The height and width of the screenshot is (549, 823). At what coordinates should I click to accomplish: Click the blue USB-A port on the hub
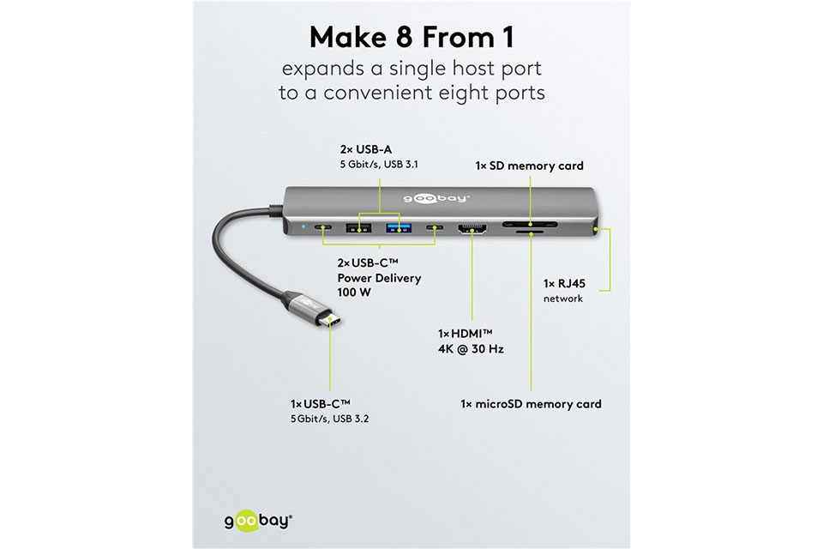tap(399, 228)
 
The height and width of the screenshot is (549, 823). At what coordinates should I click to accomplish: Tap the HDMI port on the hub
tap(472, 228)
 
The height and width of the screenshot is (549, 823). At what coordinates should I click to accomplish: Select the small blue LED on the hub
tap(303, 228)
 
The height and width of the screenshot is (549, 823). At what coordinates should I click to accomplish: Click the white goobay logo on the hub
tap(436, 198)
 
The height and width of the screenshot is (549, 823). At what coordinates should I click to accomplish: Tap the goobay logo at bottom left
tap(258, 522)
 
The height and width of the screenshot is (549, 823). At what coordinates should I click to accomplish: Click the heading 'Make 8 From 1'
tap(411, 37)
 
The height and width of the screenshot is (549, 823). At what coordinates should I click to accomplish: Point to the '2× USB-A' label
tap(366, 150)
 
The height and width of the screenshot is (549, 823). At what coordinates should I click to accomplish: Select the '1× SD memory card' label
tap(529, 166)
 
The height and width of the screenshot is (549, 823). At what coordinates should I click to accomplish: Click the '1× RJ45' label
tap(564, 284)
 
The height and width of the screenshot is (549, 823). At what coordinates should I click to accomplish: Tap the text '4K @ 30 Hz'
tap(471, 349)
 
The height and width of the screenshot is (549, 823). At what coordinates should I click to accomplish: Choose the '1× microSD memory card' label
tap(531, 404)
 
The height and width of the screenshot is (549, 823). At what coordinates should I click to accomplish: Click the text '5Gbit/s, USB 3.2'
tap(329, 419)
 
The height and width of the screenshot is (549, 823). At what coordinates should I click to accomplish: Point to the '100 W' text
tap(354, 293)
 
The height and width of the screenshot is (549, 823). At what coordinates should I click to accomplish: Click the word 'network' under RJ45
tap(563, 299)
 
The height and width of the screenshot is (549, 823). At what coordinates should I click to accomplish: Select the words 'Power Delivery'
tap(379, 278)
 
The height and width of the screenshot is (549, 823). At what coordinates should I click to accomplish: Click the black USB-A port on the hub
tap(358, 228)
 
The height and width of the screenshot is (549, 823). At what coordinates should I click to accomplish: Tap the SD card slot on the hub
tap(530, 225)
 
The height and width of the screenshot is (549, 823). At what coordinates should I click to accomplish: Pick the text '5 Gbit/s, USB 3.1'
tap(379, 165)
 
